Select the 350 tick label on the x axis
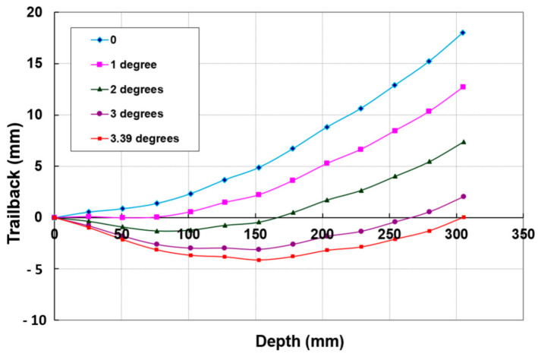pyautogui.click(x=523, y=234)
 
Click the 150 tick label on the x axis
pyautogui.click(x=255, y=234)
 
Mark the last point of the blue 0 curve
pyautogui.click(x=463, y=33)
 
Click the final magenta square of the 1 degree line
pyautogui.click(x=463, y=87)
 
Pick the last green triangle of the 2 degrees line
pyautogui.click(x=463, y=142)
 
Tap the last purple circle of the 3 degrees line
pyautogui.click(x=463, y=197)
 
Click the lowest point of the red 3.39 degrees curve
pyautogui.click(x=259, y=261)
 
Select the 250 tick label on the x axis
pyautogui.click(x=389, y=234)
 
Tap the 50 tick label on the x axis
pyautogui.click(x=121, y=234)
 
